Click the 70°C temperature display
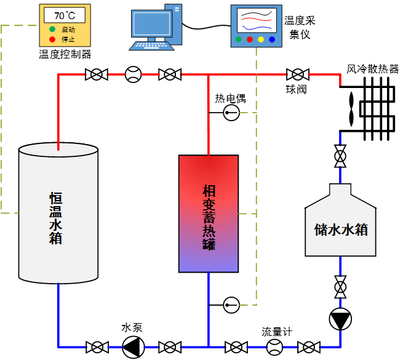coord(64,15)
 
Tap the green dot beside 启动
coord(52,30)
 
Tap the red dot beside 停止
coord(52,39)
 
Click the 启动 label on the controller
coord(68,30)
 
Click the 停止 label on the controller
coord(68,39)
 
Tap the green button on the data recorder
coord(239,40)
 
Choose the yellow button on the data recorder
coord(261,40)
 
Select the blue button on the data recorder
coord(272,40)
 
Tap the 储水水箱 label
coord(341,230)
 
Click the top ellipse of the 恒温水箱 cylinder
coord(58,150)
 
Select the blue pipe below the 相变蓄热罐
coord(209,308)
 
